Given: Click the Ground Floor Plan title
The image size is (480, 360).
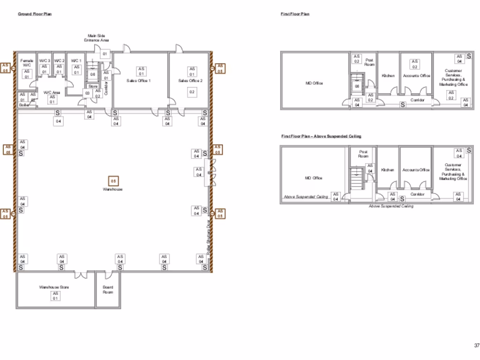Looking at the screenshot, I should click(x=35, y=14).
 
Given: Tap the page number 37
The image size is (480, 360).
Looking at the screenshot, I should click(x=476, y=345).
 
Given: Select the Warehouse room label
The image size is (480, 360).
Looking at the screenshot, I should click(x=113, y=189).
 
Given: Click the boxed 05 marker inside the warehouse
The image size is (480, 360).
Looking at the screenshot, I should click(x=113, y=180).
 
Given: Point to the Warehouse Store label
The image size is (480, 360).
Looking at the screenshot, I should click(x=54, y=287).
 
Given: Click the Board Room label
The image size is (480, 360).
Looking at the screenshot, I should click(x=108, y=290).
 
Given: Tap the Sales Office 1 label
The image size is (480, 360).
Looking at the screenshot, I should click(x=138, y=81).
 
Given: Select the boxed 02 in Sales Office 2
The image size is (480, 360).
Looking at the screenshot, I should click(x=192, y=92).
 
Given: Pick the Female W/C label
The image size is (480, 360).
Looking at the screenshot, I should click(x=27, y=63).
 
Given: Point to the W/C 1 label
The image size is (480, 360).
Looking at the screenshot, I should click(x=76, y=61).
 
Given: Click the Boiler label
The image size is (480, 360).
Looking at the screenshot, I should click(x=24, y=105).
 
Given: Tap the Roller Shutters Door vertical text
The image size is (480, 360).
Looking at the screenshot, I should click(x=208, y=237).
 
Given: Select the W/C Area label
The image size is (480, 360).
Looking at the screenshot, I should click(x=52, y=93).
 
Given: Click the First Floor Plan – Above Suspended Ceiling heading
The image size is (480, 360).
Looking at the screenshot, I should click(x=321, y=136).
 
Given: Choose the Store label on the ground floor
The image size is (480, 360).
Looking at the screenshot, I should click(x=93, y=86).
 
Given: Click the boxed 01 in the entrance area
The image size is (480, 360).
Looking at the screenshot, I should click(x=105, y=54).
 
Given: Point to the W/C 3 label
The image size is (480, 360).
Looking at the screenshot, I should click(x=45, y=61).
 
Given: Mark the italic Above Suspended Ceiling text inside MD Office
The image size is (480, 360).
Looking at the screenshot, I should click(x=306, y=197).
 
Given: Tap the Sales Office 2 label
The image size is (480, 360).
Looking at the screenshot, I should click(x=190, y=81).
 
